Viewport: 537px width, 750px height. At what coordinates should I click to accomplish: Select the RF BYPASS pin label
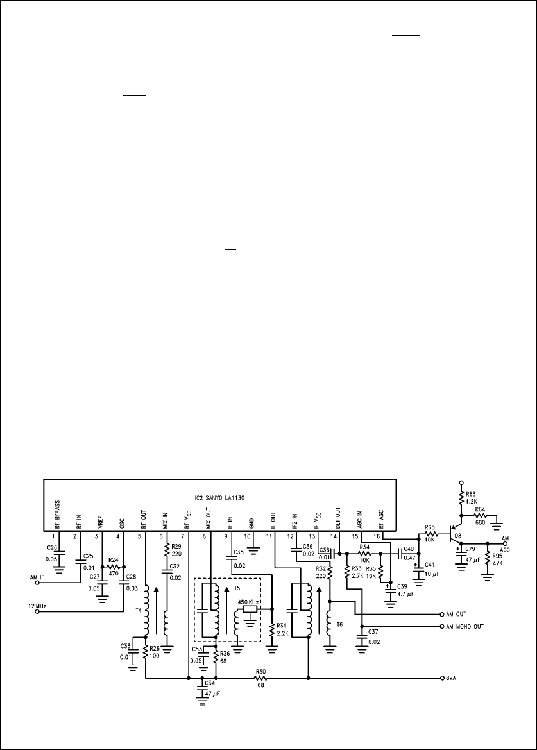57,516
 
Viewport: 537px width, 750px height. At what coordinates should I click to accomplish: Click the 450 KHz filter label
249,602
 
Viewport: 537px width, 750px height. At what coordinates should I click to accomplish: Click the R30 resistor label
261,670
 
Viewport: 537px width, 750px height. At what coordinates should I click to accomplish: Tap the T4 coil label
139,611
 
